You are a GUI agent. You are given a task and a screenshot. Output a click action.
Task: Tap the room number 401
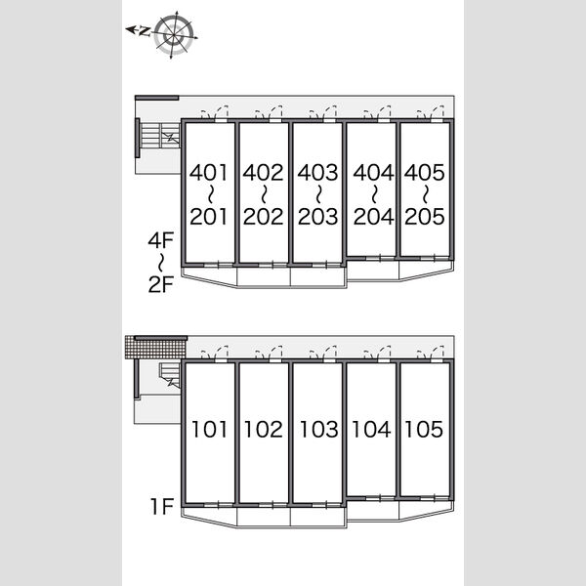click(209, 172)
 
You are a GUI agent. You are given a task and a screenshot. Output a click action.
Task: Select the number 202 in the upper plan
click(263, 217)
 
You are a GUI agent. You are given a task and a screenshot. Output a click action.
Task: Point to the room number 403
click(317, 172)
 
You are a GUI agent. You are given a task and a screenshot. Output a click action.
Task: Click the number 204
click(373, 217)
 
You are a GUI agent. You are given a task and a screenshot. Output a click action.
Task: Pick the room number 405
click(424, 172)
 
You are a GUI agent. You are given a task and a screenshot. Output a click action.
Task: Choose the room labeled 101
click(209, 429)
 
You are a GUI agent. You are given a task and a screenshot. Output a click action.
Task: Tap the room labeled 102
click(263, 429)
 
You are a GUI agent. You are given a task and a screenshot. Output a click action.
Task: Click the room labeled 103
click(318, 429)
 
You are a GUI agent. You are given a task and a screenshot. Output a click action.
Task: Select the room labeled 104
click(371, 429)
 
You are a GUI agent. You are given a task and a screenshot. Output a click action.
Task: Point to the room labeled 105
click(424, 429)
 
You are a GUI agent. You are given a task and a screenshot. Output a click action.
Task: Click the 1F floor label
click(162, 506)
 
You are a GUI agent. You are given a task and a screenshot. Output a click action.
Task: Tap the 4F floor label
click(161, 240)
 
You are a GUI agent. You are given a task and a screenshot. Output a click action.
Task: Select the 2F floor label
click(161, 284)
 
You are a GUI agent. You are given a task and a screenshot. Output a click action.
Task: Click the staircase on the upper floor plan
click(160, 136)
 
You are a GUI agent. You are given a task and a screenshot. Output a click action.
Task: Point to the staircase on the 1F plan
click(170, 375)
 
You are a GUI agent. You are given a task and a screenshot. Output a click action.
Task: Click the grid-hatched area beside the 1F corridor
click(155, 347)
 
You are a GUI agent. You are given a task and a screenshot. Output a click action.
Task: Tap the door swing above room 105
click(431, 352)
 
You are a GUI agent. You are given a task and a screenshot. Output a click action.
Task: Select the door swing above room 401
click(215, 112)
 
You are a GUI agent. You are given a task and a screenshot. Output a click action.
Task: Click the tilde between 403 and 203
click(318, 194)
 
